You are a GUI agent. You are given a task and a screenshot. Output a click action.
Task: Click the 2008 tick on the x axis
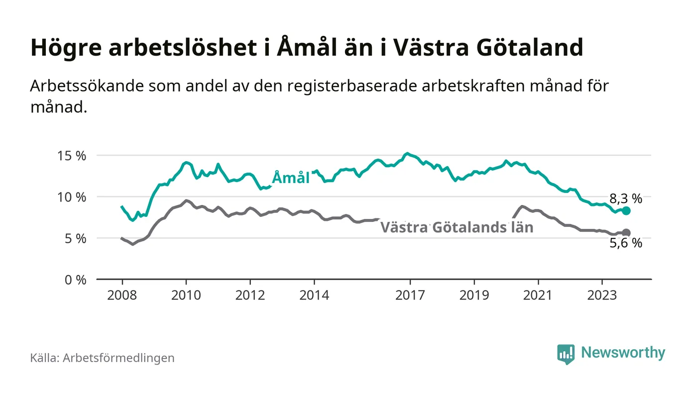(122, 295)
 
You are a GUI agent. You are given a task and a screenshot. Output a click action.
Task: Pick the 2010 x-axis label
(186, 295)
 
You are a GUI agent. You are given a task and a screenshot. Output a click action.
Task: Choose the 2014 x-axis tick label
(314, 295)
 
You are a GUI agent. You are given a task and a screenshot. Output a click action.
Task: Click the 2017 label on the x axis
(410, 295)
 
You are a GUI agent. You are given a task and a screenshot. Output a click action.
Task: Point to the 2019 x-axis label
(474, 295)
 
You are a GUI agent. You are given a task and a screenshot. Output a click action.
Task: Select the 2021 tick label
(538, 295)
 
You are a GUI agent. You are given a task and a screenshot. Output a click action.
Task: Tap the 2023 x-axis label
(602, 295)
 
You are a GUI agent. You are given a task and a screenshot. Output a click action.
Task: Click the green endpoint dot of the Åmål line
(626, 211)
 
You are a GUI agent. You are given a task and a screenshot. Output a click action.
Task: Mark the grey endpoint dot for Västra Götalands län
(626, 233)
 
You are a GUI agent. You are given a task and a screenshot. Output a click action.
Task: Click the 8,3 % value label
(626, 199)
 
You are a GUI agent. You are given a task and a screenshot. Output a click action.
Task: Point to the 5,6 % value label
(626, 244)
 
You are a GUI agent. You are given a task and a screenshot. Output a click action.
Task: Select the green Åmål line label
(291, 178)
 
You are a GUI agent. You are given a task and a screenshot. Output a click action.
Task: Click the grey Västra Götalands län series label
(457, 228)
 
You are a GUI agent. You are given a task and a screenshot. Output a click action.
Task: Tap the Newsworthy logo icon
(566, 354)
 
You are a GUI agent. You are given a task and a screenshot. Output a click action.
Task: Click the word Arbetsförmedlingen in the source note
(118, 358)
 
